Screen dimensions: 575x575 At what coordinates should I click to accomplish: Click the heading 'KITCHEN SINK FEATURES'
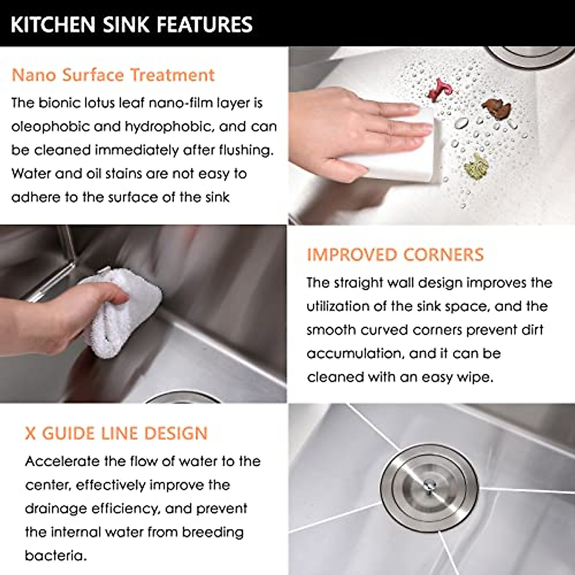131,24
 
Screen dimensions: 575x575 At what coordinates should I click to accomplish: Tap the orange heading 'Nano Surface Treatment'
113,75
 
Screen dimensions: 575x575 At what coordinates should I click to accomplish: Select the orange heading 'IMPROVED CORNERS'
395,254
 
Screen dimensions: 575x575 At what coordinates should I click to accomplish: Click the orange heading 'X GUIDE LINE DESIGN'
116,433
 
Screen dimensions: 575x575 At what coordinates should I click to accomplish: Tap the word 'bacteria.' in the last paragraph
56,556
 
